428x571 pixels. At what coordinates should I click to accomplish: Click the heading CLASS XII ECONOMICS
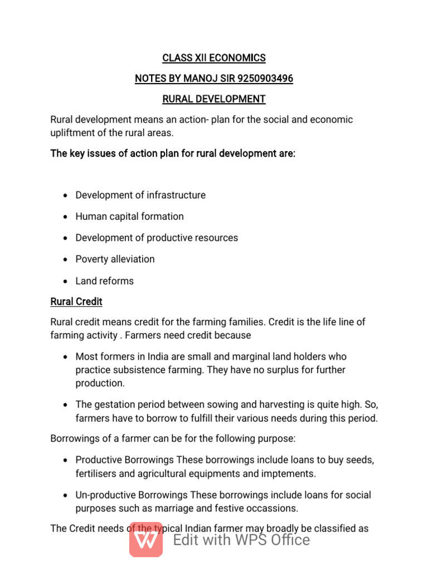[213, 58]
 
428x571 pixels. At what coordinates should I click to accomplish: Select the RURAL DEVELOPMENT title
[213, 99]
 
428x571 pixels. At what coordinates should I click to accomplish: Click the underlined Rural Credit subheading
[76, 302]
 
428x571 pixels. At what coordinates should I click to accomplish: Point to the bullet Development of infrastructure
[140, 195]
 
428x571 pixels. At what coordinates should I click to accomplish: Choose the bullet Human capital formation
[129, 216]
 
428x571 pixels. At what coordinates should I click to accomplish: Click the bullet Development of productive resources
[157, 238]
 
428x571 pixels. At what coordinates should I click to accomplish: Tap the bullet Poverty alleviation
[115, 259]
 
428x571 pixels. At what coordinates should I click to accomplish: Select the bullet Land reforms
[104, 281]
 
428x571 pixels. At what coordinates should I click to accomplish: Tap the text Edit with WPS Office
[241, 540]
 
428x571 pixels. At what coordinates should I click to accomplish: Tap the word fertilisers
[99, 474]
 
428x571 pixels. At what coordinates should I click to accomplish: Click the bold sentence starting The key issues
[173, 153]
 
